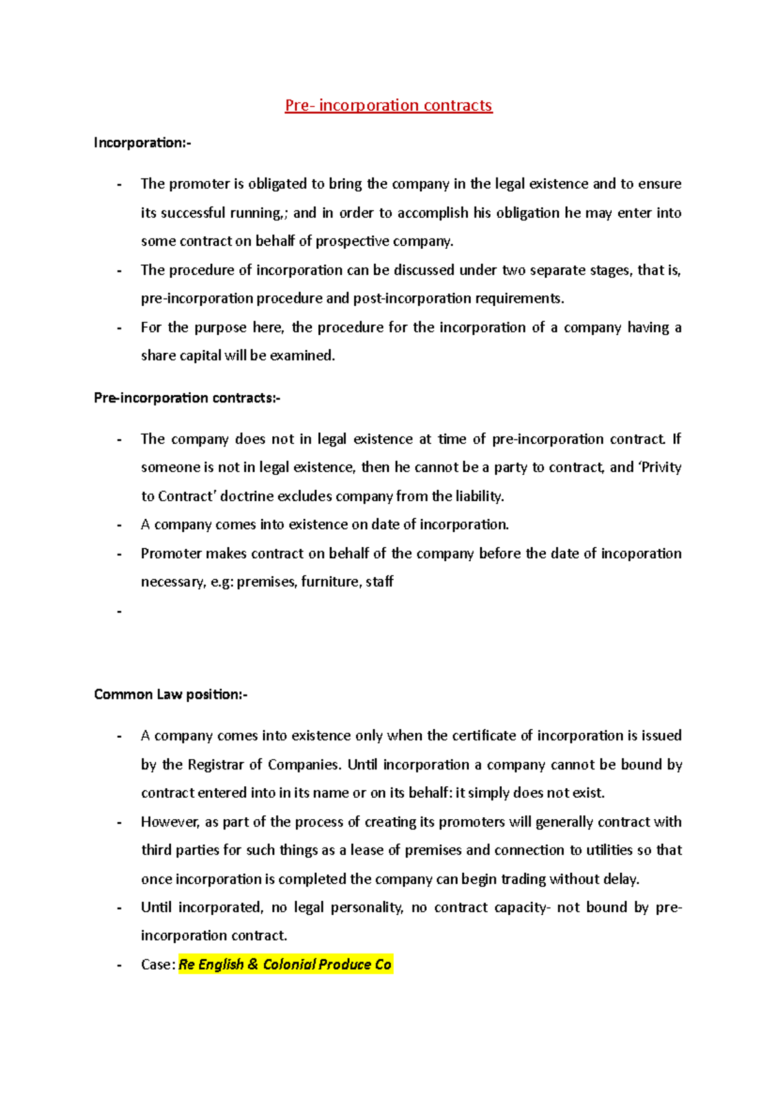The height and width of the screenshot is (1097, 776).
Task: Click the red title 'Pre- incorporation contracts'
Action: [389, 105]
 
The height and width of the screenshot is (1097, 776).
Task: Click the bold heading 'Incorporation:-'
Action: [142, 142]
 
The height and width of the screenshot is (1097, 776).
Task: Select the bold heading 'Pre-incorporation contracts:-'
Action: [187, 398]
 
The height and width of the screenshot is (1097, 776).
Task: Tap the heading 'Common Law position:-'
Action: [171, 695]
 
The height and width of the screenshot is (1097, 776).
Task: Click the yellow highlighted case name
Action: [285, 965]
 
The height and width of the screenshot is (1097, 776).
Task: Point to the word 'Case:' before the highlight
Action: [158, 965]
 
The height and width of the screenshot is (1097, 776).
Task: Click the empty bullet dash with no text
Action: [120, 611]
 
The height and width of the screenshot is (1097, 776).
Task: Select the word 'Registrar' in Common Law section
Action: [217, 765]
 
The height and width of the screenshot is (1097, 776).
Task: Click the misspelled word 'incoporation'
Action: [641, 554]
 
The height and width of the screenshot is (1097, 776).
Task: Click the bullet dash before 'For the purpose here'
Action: [120, 328]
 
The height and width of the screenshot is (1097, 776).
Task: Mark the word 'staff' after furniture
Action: [380, 582]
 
